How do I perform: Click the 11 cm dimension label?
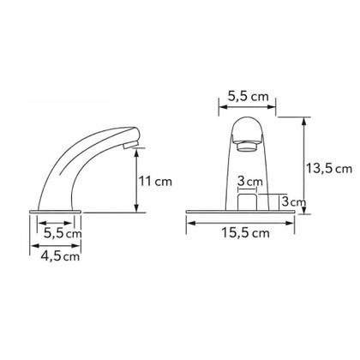coord(155,182)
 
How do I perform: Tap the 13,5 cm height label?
coord(329,168)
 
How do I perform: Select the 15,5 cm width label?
coord(246,233)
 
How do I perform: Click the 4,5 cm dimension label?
coord(60,256)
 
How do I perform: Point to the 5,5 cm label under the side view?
coord(63,233)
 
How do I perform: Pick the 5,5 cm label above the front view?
coord(249,96)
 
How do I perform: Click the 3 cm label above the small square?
coord(250,181)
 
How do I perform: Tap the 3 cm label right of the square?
coord(294,201)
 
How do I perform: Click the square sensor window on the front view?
coord(248,202)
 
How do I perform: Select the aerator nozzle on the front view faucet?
coord(248,147)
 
